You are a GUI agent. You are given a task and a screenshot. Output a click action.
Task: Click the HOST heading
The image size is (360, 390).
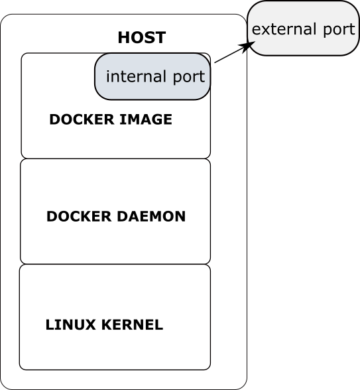click(142, 38)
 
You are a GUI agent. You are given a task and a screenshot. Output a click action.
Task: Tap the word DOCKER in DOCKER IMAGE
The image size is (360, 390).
click(82, 119)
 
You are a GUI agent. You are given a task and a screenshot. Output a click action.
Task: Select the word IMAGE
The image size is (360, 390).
click(146, 119)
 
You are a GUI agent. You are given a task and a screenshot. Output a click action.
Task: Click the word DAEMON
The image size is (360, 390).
click(151, 216)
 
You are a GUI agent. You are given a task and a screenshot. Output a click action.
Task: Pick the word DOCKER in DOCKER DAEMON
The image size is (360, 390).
click(79, 216)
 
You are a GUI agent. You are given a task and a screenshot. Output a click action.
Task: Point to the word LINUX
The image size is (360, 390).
click(70, 324)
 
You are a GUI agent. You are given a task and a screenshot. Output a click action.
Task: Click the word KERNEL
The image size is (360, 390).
click(133, 324)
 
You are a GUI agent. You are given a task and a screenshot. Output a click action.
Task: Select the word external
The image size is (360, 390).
click(284, 29)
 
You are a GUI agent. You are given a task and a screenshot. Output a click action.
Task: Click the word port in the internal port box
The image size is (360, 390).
click(189, 77)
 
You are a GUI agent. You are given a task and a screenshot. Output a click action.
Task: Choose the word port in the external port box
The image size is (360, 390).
click(339, 30)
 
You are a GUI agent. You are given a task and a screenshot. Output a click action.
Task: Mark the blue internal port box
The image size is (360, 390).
click(152, 76)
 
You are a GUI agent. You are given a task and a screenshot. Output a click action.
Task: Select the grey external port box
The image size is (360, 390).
click(304, 28)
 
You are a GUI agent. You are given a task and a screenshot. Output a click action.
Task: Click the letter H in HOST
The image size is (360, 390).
click(123, 38)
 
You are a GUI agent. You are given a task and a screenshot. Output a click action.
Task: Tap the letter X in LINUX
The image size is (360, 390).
click(90, 324)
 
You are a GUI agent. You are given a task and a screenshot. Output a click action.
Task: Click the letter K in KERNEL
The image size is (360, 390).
click(107, 324)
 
